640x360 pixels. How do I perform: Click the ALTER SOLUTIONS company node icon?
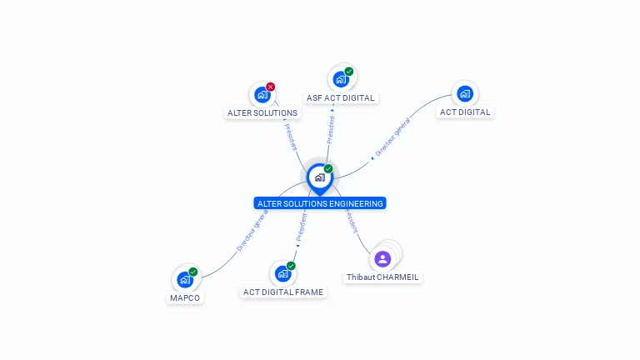262,94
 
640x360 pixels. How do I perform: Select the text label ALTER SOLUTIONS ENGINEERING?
320,203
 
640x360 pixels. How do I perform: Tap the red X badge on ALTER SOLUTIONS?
271,87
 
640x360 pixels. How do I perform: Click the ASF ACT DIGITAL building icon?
340,79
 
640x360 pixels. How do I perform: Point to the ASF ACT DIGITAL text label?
340,98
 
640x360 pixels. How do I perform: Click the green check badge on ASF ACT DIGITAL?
349,72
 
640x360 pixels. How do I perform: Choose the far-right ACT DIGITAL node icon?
465,93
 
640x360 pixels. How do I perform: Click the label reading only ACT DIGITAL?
465,112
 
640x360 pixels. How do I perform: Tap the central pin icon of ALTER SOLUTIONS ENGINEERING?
319,177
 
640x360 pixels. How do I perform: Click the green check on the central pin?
328,168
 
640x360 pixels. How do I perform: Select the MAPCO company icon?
185,279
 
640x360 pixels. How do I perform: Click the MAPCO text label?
185,297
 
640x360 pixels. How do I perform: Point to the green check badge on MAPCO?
193,272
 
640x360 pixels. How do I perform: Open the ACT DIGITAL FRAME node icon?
282,273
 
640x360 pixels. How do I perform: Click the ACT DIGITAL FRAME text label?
282,292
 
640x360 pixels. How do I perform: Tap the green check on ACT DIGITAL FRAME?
291,266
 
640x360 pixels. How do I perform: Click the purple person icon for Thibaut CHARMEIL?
382,258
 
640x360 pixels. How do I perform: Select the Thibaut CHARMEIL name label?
383,277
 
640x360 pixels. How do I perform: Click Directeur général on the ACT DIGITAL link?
392,138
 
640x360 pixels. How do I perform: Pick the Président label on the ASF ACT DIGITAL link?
331,130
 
